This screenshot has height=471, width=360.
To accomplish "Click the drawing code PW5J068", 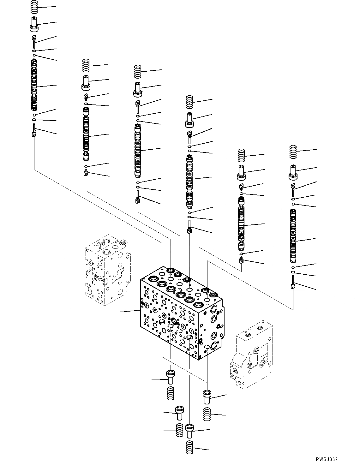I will (x=326, y=460).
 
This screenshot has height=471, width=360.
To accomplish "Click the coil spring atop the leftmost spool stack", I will (x=34, y=7).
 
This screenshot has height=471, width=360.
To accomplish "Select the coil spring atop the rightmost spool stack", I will (x=293, y=152).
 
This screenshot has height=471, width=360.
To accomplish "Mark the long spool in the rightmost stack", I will (x=293, y=236).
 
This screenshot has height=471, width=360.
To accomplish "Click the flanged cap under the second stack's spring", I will (x=86, y=83).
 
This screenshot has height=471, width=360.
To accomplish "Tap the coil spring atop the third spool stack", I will (x=137, y=72).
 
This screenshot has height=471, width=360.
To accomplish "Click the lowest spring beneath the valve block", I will (x=189, y=447).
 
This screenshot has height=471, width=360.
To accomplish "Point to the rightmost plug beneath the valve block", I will (x=207, y=396).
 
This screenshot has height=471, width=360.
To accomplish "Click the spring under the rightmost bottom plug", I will (x=207, y=414).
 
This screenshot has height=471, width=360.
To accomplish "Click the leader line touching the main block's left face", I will (x=130, y=312).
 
